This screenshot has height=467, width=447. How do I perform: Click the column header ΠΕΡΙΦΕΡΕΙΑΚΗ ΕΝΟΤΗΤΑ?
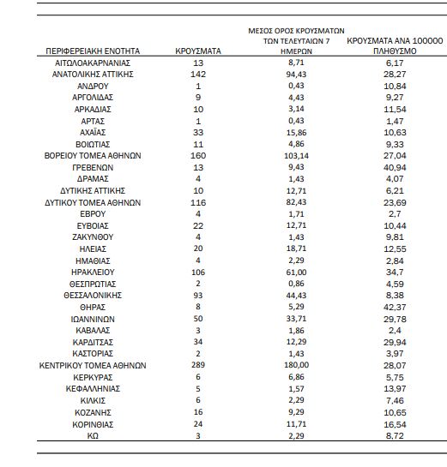coord(93,51)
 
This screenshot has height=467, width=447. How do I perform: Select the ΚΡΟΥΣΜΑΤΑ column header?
coord(198,51)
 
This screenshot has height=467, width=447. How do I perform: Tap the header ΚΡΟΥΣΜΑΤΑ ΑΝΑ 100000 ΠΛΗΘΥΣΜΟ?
coord(395,46)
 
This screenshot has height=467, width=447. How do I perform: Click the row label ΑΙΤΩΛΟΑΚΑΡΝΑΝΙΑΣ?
coord(93,63)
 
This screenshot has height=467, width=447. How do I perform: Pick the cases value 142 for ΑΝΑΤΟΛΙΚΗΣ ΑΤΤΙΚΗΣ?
coord(198,75)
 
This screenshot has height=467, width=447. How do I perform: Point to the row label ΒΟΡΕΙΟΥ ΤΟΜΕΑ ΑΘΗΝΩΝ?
coord(93,156)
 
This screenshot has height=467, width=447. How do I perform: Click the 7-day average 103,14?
coord(296,156)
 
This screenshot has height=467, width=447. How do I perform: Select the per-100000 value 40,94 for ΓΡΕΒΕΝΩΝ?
coord(395,167)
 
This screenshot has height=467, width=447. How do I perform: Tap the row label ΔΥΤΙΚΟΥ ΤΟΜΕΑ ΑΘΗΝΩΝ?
coord(93,202)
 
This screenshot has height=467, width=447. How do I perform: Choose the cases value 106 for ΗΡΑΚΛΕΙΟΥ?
coord(198,272)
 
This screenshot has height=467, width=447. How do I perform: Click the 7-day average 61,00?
coord(296,272)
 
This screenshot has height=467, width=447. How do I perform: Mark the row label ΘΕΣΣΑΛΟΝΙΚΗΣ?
coord(93,296)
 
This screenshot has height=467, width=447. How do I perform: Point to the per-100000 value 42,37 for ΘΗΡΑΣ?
coord(395,307)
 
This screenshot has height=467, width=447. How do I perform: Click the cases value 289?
coord(198,365)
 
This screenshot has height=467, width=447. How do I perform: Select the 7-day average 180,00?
coord(296,365)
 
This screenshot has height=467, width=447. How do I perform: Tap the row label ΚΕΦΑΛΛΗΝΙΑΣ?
coord(93,389)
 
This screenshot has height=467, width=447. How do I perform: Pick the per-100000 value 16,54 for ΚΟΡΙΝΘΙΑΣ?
coord(395,424)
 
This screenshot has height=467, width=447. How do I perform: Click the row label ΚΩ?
coord(93,436)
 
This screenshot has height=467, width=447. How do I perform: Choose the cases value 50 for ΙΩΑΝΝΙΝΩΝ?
coord(198,319)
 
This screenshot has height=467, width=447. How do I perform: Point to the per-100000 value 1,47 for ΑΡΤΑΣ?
coord(395,121)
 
